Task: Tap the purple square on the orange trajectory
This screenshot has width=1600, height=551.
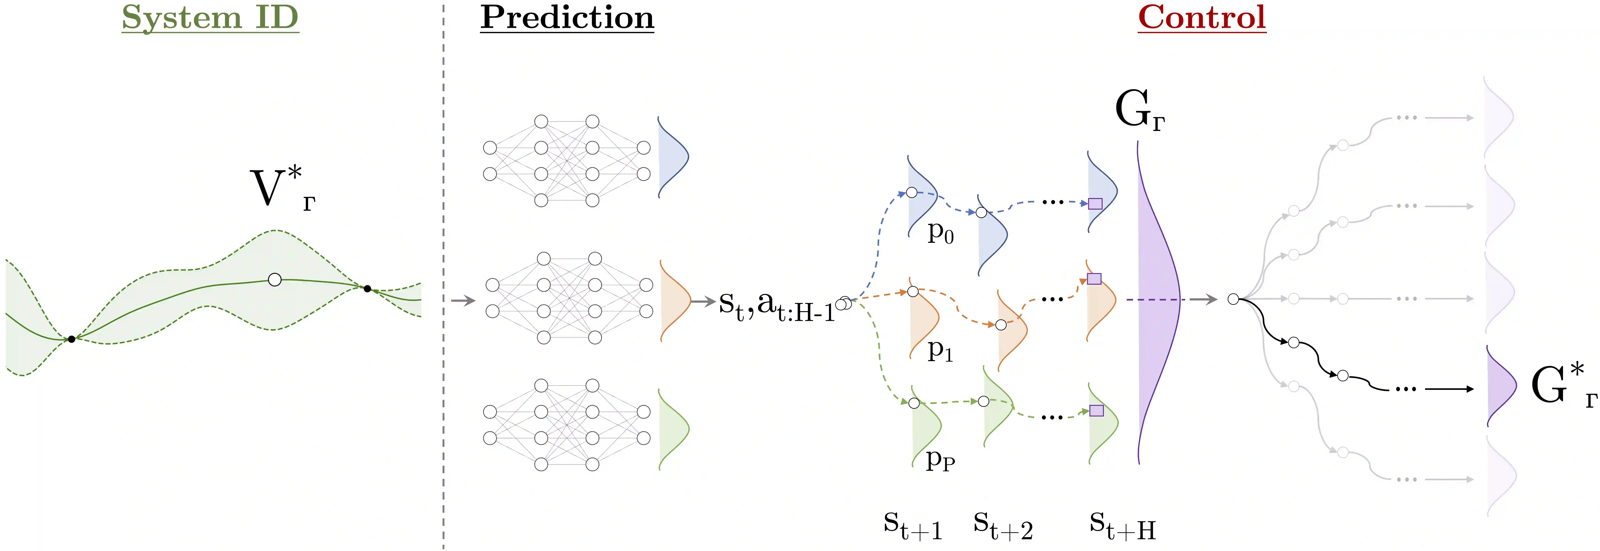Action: click(1094, 279)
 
